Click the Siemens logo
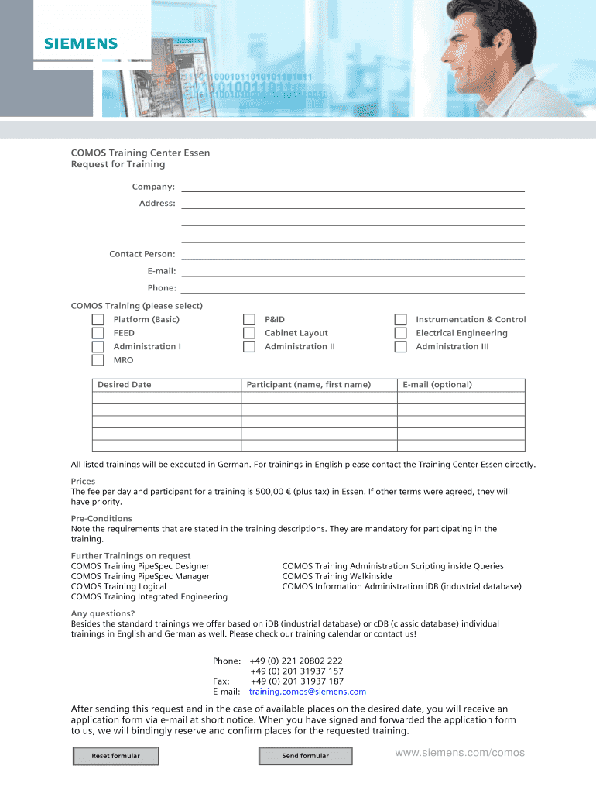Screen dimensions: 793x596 click(80, 43)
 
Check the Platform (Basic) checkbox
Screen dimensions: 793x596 click(98, 320)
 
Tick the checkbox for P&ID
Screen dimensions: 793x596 click(249, 320)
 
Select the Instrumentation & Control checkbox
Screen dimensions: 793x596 click(400, 320)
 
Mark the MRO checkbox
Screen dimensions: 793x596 click(98, 360)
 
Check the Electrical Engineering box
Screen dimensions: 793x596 click(400, 333)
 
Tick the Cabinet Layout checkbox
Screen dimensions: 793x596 click(249, 333)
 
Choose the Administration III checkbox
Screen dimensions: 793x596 click(400, 346)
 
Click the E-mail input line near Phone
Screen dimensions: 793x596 click(353, 270)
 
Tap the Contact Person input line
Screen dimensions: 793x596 click(353, 253)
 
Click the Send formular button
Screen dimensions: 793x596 click(305, 756)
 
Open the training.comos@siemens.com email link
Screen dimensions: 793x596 click(307, 692)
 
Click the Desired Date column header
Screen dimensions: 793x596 click(125, 385)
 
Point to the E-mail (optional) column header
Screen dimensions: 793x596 click(437, 385)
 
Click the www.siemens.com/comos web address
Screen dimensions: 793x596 click(460, 753)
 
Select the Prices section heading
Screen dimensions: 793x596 click(83, 481)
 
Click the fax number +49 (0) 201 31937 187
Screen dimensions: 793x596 click(296, 681)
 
